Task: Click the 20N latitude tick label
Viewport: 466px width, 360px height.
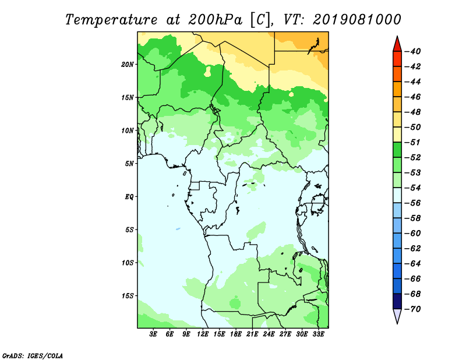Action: (x=127, y=65)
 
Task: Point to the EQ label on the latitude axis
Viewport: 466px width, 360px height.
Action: (x=129, y=197)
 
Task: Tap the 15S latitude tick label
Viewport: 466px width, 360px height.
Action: (x=127, y=296)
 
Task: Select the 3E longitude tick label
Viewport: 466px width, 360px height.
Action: (x=153, y=334)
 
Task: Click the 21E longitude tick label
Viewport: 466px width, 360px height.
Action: (x=252, y=334)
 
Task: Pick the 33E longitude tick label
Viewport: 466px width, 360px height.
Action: (x=318, y=334)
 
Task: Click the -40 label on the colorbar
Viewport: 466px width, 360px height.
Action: (x=413, y=51)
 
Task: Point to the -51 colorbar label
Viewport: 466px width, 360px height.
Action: (x=413, y=142)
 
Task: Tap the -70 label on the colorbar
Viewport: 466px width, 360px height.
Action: (x=413, y=309)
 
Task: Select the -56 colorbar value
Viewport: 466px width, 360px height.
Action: (x=413, y=203)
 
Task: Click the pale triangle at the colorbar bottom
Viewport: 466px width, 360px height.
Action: (x=397, y=315)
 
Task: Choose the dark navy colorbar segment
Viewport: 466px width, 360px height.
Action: (x=397, y=301)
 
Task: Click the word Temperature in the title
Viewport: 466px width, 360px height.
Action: (x=111, y=20)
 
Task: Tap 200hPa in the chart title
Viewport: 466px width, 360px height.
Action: (x=215, y=20)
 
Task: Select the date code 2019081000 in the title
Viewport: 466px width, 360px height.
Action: (x=357, y=20)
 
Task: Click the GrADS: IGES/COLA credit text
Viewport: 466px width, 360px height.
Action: (x=33, y=355)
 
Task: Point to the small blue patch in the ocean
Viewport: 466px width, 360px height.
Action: (x=178, y=229)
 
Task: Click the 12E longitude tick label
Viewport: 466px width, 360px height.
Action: (x=202, y=334)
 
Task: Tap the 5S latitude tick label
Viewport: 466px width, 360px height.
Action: (x=129, y=230)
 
